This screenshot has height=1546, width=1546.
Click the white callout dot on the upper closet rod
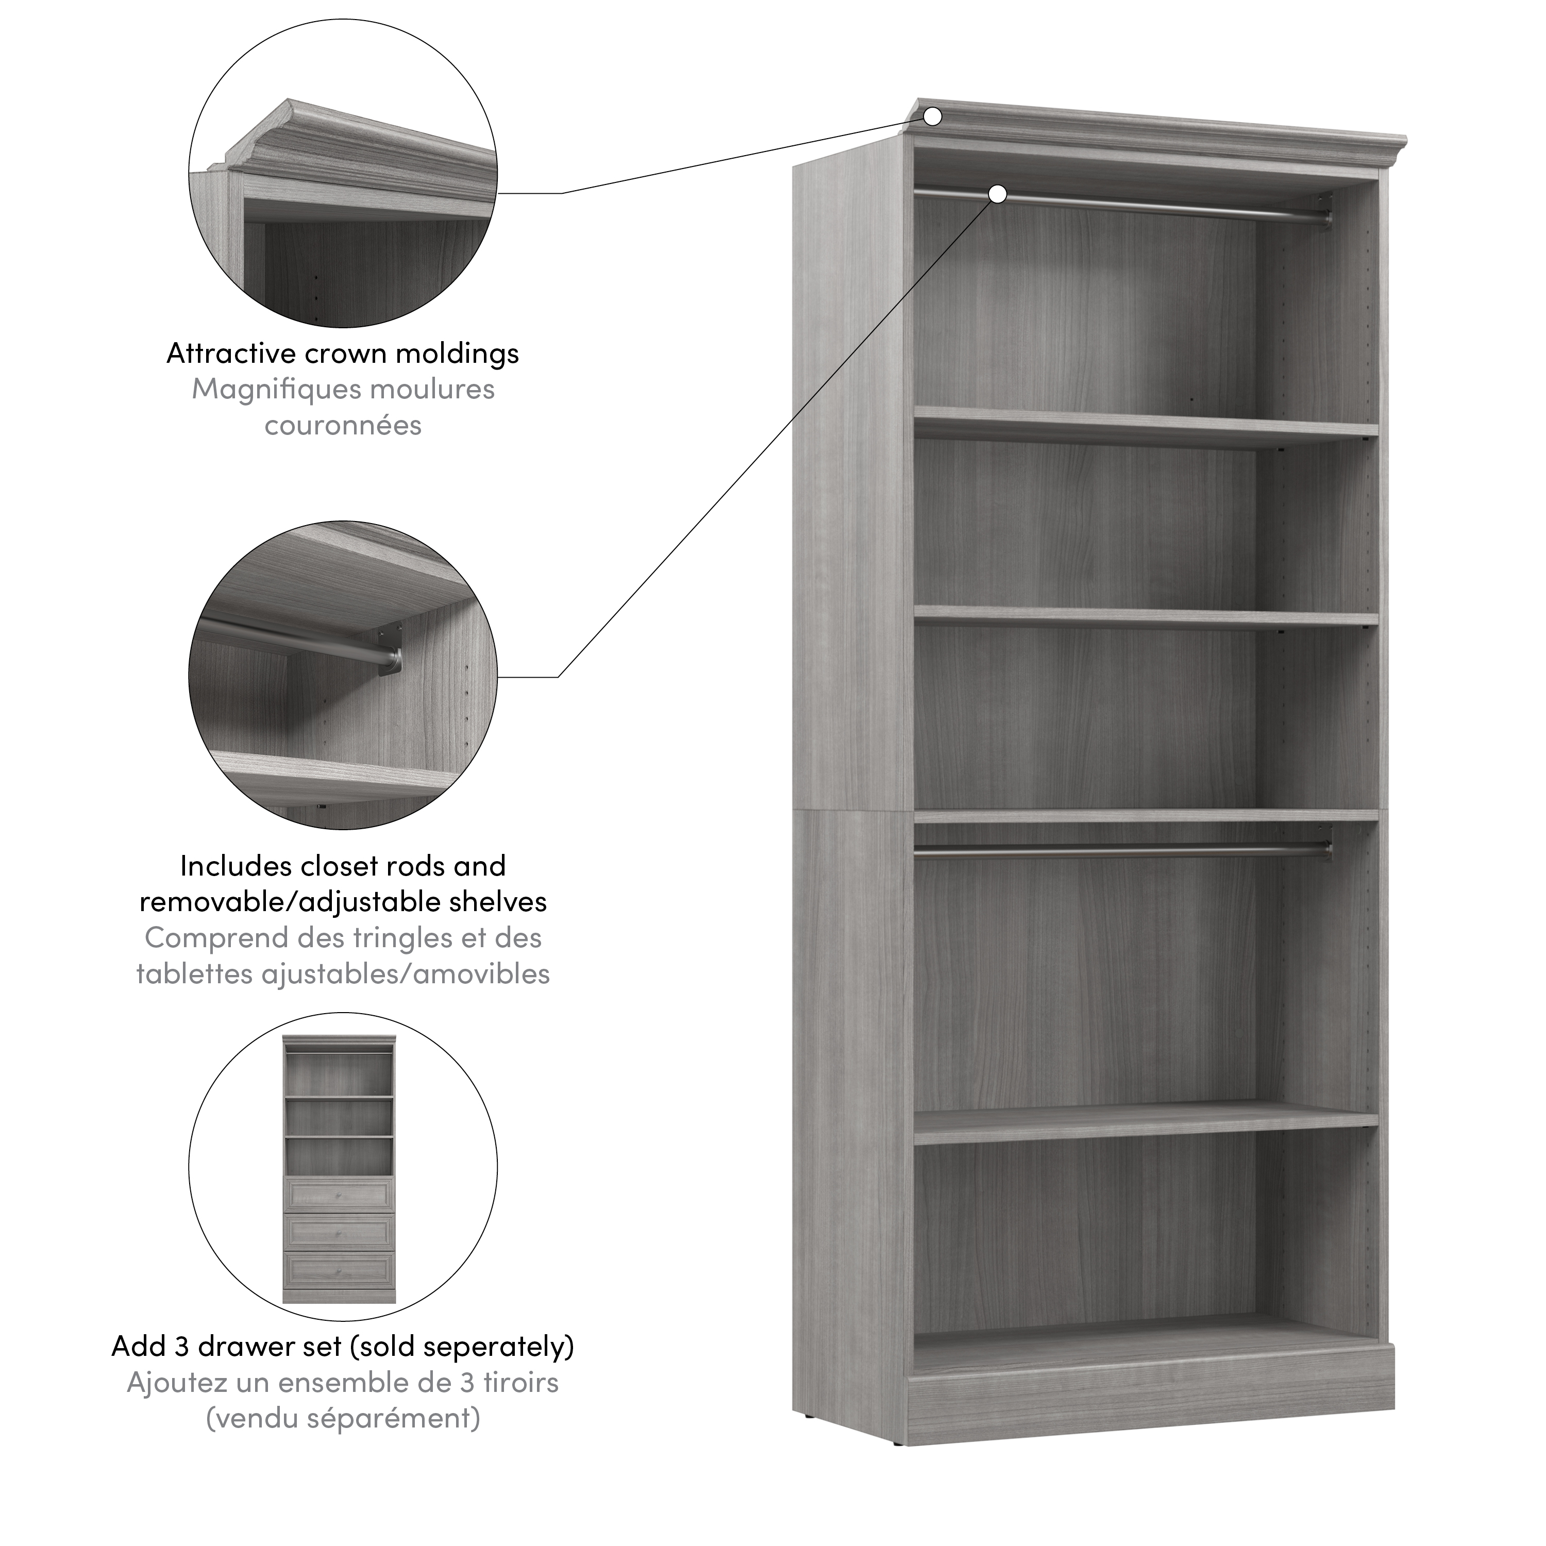(997, 194)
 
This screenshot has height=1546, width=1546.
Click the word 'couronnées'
(343, 425)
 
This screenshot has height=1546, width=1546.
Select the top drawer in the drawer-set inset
(339, 1196)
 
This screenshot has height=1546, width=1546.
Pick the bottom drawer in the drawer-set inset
(339, 1268)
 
